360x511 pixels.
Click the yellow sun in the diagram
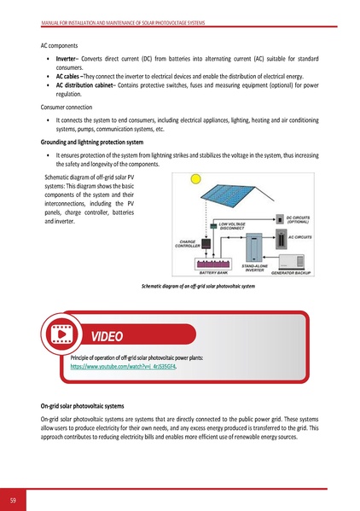click(x=195, y=179)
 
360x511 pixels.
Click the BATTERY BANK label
click(x=212, y=272)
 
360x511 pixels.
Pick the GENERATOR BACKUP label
click(x=291, y=273)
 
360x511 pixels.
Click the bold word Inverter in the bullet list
click(x=68, y=58)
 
